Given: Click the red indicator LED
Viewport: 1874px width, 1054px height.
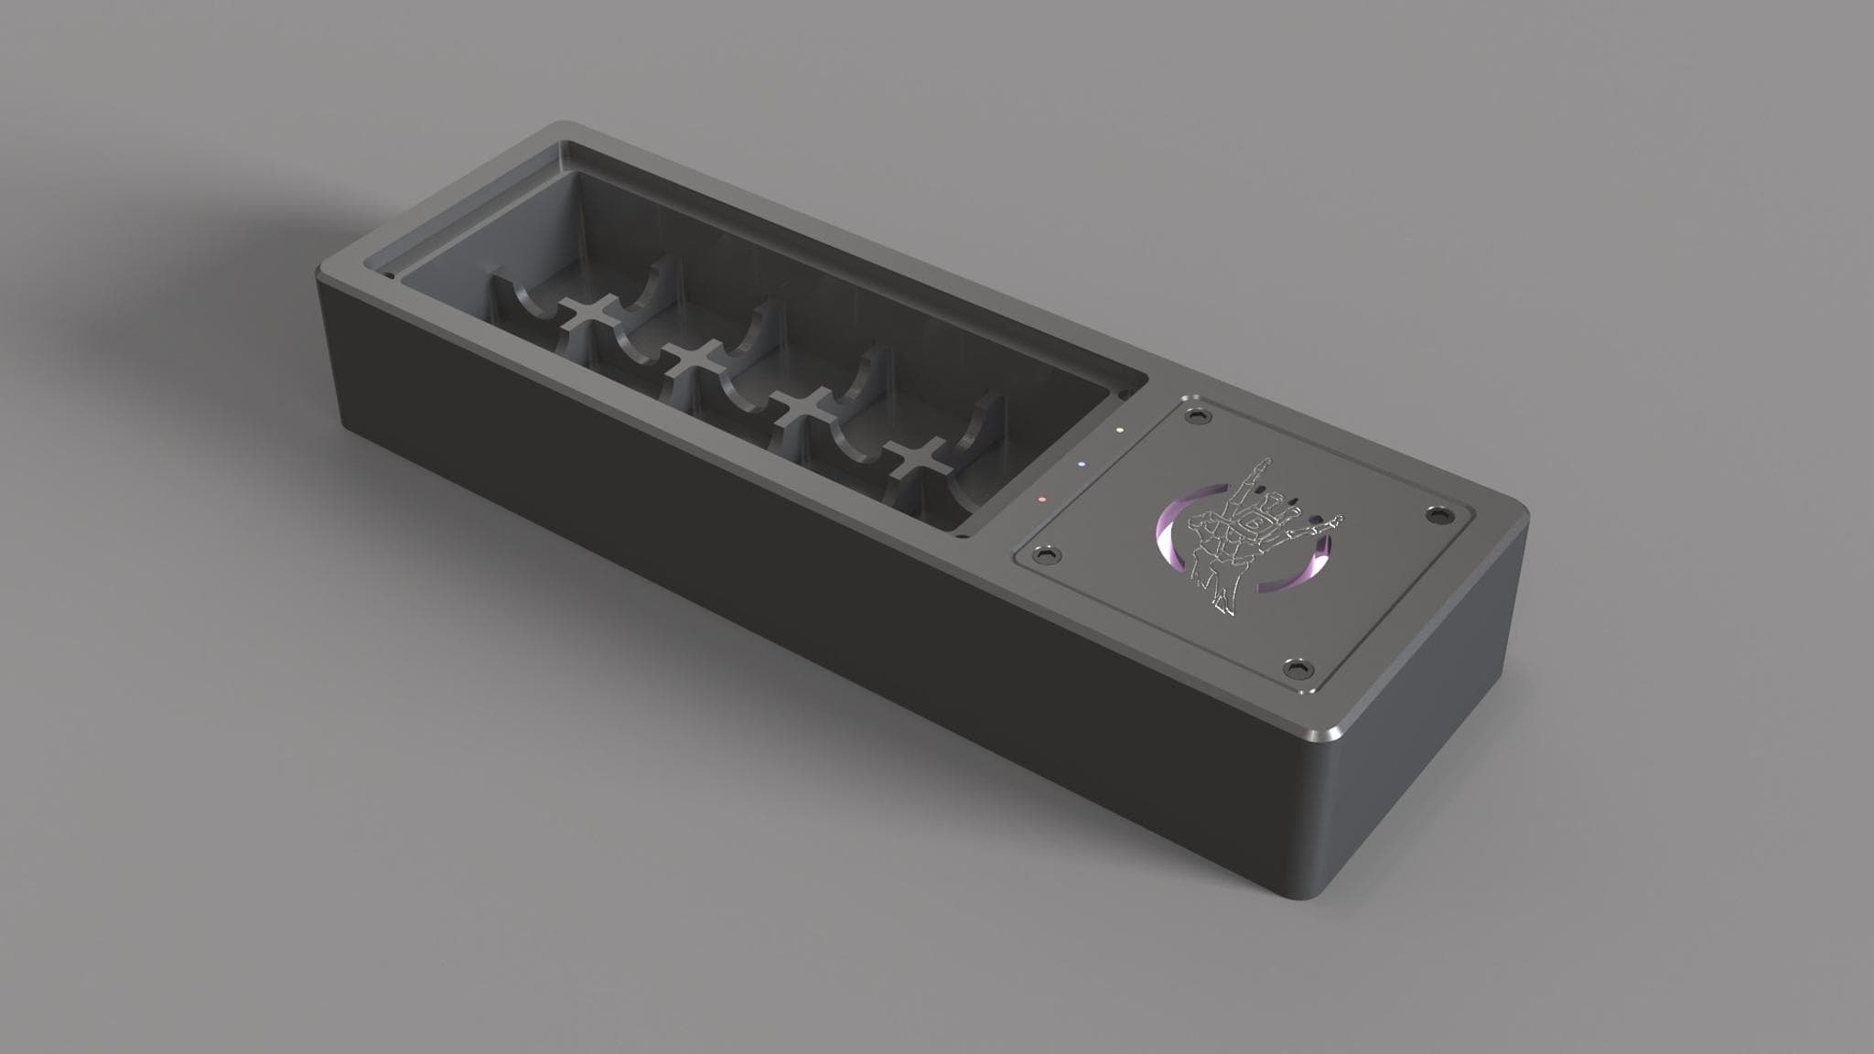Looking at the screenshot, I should point(1040,500).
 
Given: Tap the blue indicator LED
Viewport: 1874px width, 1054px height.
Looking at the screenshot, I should point(1082,464).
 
